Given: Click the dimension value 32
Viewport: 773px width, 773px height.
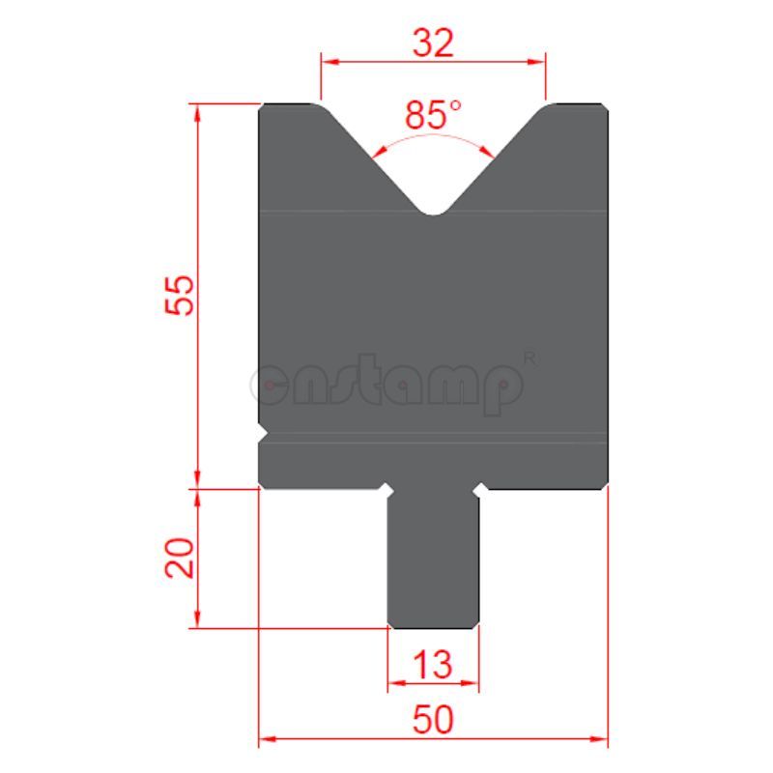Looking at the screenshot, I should [x=432, y=43].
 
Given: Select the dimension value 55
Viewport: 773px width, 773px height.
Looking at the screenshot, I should [x=181, y=295].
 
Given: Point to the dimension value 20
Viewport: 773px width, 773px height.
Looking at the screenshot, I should [x=181, y=558].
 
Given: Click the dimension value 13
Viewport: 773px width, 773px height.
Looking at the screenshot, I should [x=432, y=665].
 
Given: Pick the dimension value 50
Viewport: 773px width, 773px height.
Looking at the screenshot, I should [x=432, y=720].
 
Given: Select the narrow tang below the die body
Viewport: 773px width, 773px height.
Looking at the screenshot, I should [x=433, y=560].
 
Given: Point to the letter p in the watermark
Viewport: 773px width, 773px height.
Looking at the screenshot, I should [x=502, y=388].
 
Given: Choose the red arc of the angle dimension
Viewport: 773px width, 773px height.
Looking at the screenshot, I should [x=434, y=138].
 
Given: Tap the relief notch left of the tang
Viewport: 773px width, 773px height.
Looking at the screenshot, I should [x=386, y=490].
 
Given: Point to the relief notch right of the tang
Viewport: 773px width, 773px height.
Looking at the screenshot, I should [x=479, y=490].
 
